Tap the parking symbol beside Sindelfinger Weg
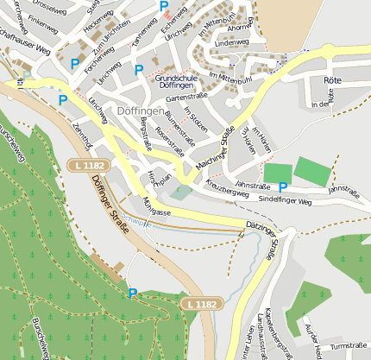point(283,186)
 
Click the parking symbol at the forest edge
point(132,294)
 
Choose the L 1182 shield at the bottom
point(201,304)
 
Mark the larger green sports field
point(312,171)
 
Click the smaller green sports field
point(277,173)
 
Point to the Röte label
point(331,79)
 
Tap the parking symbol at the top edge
point(164,6)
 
